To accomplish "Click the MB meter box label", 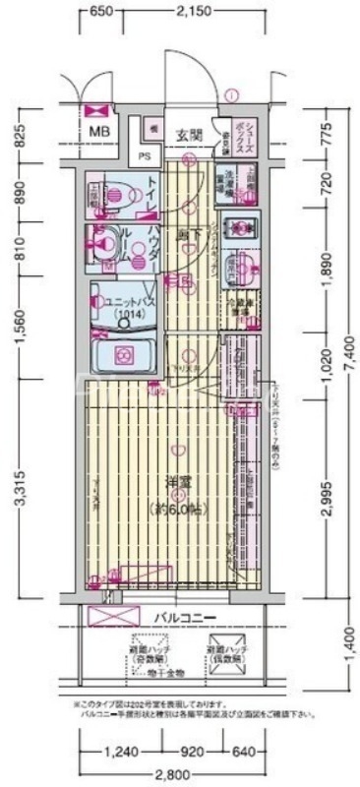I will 100,131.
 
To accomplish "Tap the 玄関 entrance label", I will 190,135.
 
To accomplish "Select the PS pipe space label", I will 144,155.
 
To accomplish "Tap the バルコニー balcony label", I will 184,617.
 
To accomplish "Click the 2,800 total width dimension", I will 178,772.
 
